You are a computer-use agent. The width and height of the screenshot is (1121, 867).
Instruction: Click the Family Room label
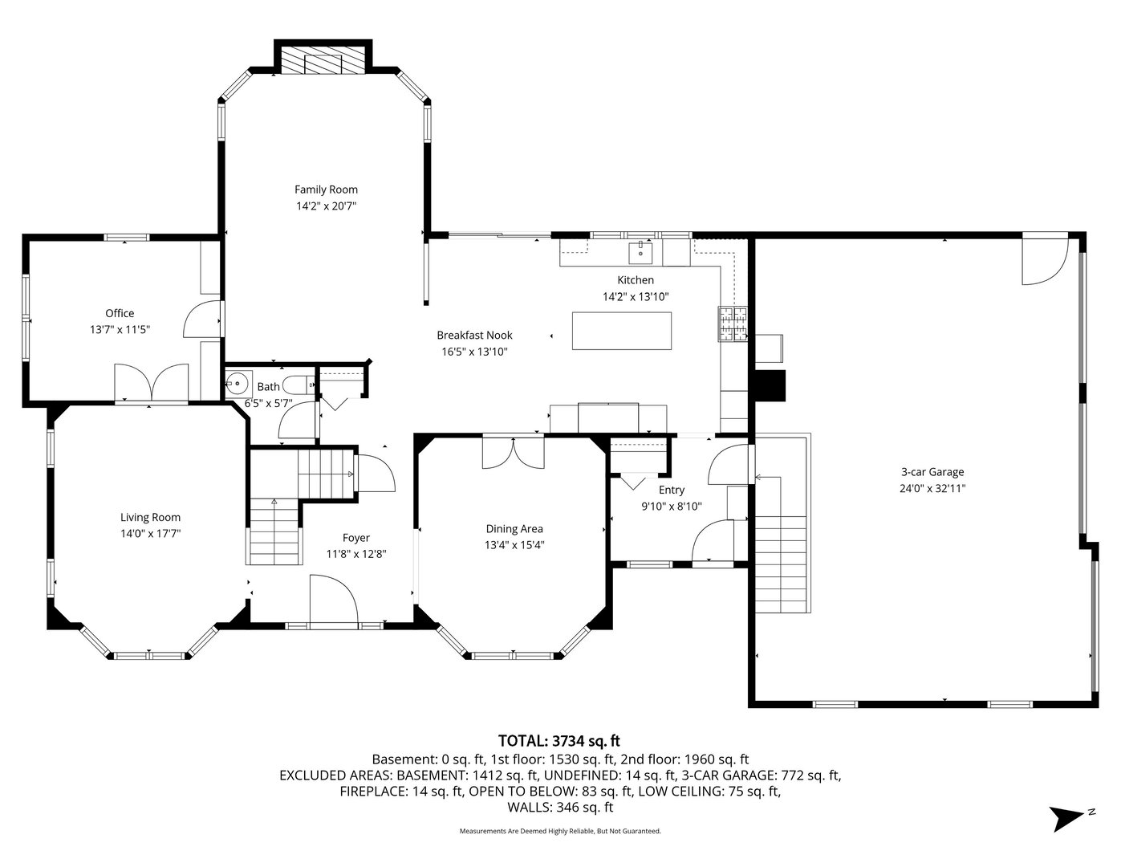326,189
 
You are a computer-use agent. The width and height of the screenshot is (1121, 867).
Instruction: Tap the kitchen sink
640,253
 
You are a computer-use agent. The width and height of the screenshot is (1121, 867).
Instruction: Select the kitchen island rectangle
622,331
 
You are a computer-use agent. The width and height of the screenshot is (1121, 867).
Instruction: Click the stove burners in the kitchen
733,324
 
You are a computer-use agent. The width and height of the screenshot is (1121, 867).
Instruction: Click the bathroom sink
238,384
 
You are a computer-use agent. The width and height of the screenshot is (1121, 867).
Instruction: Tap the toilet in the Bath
300,385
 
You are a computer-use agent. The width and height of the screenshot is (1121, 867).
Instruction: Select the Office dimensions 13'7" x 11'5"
120,329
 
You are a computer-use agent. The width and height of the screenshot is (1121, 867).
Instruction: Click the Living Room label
150,517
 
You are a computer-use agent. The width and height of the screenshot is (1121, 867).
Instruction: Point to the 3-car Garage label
932,472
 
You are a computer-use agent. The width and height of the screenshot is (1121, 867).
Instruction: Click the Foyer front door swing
334,602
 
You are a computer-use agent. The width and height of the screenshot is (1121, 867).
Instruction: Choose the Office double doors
151,382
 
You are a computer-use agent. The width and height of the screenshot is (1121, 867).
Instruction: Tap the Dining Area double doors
514,453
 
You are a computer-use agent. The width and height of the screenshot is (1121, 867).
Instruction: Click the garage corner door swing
1045,261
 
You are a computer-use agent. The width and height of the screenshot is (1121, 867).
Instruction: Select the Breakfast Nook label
474,335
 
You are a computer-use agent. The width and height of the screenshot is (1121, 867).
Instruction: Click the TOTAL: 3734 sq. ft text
559,741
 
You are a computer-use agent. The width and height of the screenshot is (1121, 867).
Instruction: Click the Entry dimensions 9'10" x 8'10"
672,507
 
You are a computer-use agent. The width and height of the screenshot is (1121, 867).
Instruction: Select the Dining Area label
514,528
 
